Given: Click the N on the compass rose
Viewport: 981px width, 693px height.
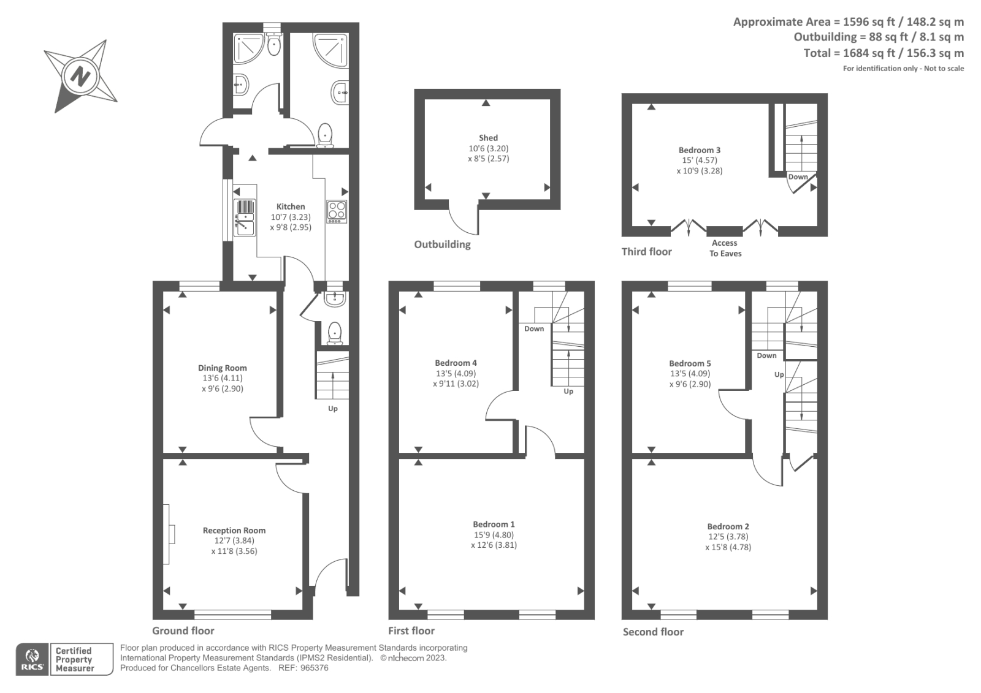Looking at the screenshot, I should [x=80, y=76].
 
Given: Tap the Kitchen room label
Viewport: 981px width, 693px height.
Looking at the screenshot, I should [x=290, y=206].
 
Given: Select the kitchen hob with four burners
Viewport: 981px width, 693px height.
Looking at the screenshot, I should [x=337, y=211].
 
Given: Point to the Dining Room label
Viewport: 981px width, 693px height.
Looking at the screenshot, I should [x=222, y=368].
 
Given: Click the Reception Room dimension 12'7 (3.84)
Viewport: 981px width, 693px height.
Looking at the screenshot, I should [x=234, y=540].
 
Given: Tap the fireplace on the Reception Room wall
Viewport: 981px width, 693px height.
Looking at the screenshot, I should [x=169, y=534].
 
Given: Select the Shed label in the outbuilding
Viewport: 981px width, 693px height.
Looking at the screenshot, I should [x=488, y=138].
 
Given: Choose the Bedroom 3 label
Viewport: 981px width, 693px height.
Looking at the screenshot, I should [x=699, y=150].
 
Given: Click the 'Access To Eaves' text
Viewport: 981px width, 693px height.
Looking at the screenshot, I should [x=725, y=248].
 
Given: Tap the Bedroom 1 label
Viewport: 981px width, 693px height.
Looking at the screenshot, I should [x=494, y=524].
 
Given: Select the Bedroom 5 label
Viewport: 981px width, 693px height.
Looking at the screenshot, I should [x=690, y=363].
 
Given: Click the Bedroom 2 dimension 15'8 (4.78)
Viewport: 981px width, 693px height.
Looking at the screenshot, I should [x=728, y=547].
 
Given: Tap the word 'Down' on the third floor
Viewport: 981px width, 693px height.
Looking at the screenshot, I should [x=798, y=177].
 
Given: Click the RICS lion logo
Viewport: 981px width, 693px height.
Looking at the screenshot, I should [x=32, y=659].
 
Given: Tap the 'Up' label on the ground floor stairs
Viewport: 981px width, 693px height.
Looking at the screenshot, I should [x=332, y=409].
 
